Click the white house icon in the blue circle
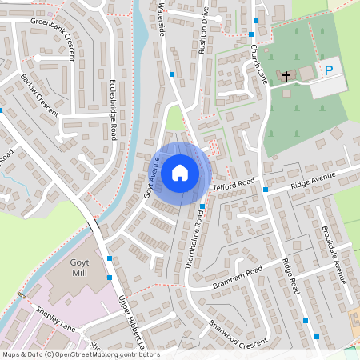179,172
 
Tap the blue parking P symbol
328,70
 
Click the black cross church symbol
286,77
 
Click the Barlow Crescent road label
40,94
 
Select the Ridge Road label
289,277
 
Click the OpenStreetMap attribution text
81,354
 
